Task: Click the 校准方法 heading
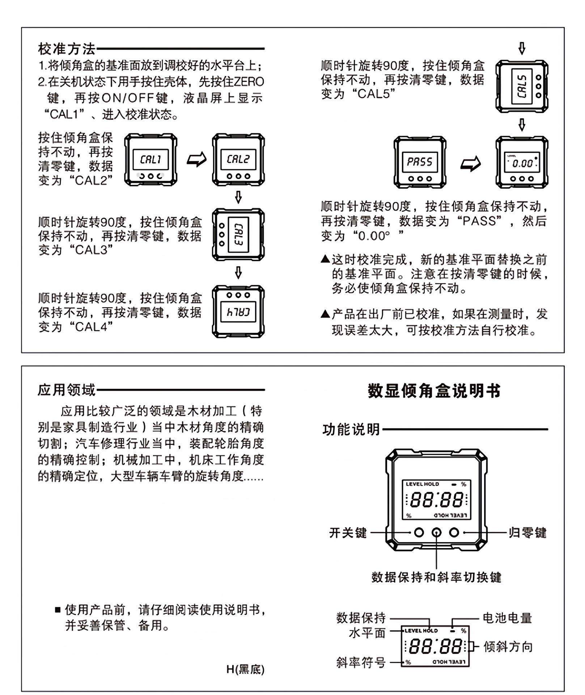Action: pos(67,49)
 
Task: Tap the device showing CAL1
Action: pos(151,160)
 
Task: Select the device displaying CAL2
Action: pos(238,160)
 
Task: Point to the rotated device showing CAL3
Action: pos(238,235)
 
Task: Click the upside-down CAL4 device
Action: pos(238,312)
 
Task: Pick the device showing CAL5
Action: pos(522,86)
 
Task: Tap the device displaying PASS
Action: pos(420,162)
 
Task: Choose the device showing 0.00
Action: pos(522,162)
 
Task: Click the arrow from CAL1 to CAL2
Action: pos(196,159)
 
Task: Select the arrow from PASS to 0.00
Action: pos(470,164)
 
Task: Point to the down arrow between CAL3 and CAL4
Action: pos(238,273)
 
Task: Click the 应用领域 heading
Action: pos(67,390)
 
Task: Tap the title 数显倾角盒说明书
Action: pos(434,391)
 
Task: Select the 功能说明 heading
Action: pos(351,430)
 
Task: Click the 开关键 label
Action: pos(348,533)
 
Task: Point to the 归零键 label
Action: pos(527,533)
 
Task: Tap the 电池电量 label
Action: pos(507,618)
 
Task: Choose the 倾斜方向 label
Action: pos(508,646)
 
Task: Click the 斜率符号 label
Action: pos(361,662)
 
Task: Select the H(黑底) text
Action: pos(245,669)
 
